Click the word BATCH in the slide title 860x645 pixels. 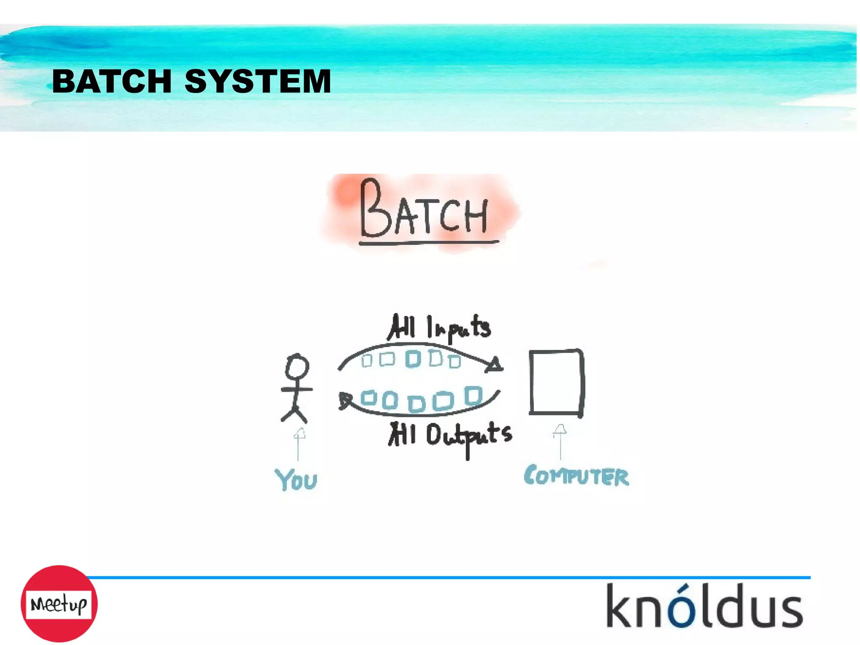[x=112, y=81]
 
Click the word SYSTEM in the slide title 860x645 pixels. [x=258, y=81]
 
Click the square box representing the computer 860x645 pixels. [x=556, y=382]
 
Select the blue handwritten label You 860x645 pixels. [x=296, y=479]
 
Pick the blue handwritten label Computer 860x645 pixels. [x=577, y=476]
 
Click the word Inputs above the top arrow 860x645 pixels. [x=459, y=328]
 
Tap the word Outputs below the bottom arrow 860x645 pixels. [x=469, y=436]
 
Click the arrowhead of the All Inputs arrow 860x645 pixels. [x=495, y=365]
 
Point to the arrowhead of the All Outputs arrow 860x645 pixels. [x=345, y=400]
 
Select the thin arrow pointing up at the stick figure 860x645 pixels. [x=299, y=444]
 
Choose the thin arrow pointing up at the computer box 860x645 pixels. [x=560, y=441]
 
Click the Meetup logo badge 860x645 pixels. [x=59, y=604]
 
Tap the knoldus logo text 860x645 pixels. [x=704, y=606]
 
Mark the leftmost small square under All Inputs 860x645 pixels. [x=367, y=361]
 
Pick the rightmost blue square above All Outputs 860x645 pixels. [x=473, y=395]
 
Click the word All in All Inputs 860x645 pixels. [x=402, y=327]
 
